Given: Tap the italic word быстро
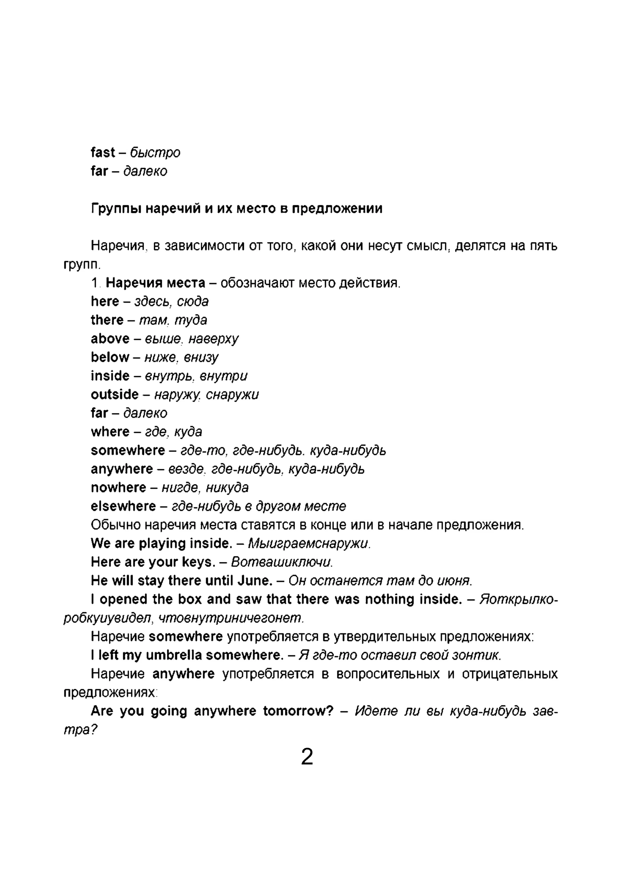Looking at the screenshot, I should click(x=155, y=153).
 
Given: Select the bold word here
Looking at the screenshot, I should click(x=105, y=301).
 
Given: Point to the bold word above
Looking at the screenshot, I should click(x=110, y=339).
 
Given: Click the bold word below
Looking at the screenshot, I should click(x=110, y=357).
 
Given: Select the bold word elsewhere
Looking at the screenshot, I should click(x=123, y=506).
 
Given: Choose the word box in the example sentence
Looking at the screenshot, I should click(x=190, y=599).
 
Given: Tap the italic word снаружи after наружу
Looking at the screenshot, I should click(x=232, y=394).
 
